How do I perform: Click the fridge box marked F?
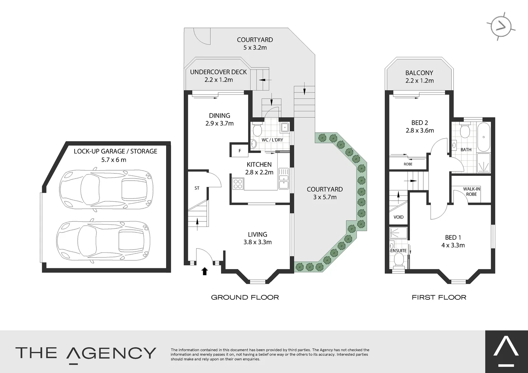tap(240, 151)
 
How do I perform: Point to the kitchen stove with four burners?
tap(238, 183)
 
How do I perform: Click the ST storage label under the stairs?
tap(197, 188)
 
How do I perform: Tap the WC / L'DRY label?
tap(272, 140)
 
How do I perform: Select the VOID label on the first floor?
tap(398, 217)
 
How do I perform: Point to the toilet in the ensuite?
tap(399, 260)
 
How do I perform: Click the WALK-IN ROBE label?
tap(471, 192)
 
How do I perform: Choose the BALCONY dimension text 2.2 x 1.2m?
tap(420, 81)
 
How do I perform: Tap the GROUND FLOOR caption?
tap(245, 297)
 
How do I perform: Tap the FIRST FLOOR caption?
tap(439, 297)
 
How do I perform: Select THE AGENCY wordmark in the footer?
tap(86, 353)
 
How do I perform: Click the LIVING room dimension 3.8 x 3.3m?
tap(257, 242)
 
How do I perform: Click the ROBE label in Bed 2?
tap(408, 164)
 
